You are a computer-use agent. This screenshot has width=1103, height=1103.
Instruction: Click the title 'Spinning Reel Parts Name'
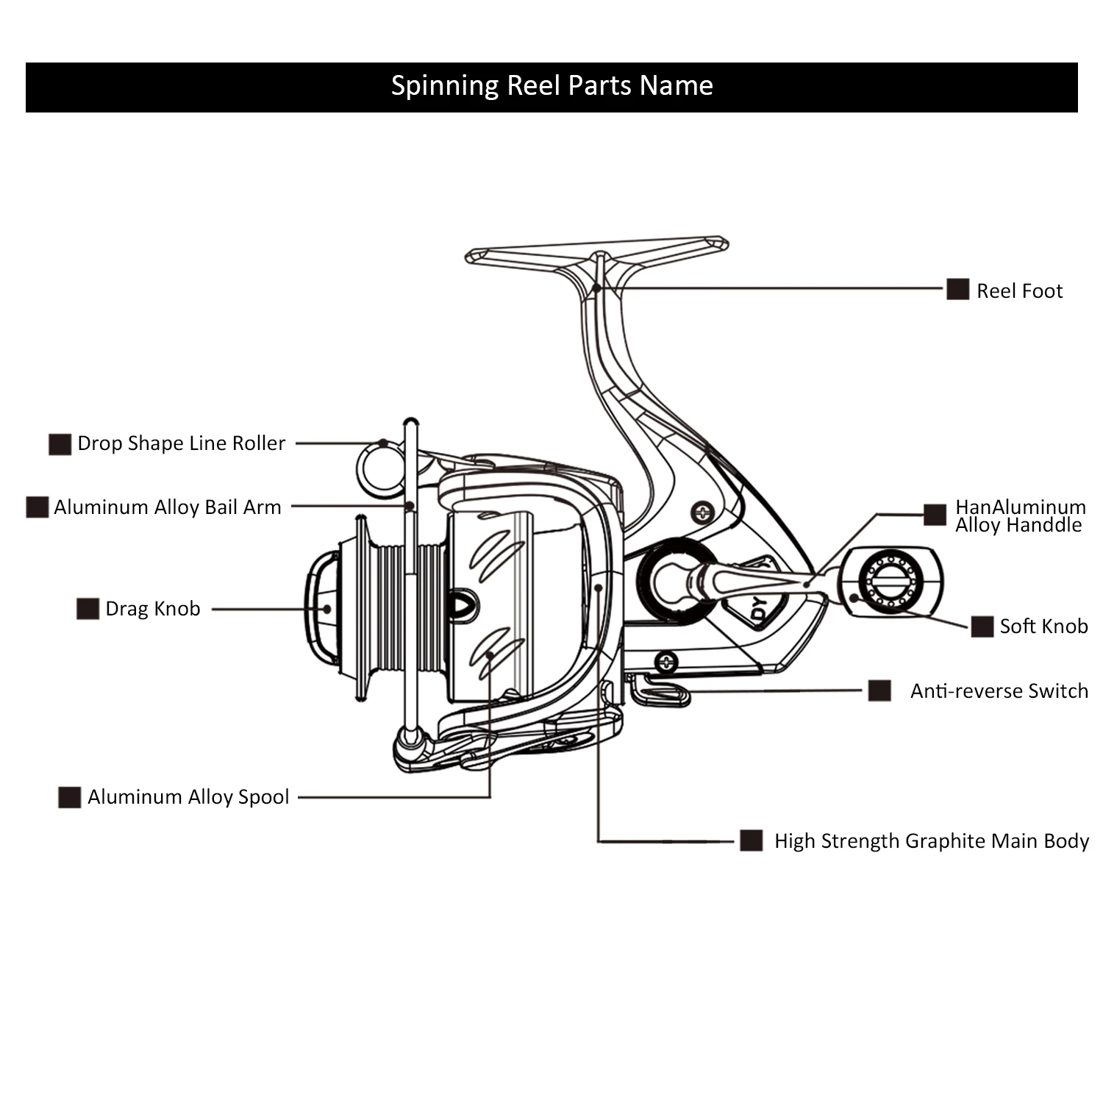551,86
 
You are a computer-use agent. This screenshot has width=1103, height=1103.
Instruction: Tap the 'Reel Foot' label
1019,291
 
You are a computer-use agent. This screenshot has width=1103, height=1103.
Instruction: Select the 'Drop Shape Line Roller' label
181,443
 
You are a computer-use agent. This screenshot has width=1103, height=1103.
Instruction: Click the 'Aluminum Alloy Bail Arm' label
168,507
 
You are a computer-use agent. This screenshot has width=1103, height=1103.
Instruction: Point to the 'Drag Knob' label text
153,609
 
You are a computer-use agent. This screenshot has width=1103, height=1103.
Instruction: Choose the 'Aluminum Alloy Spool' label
188,797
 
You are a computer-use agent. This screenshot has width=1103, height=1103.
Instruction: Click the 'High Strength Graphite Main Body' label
932,841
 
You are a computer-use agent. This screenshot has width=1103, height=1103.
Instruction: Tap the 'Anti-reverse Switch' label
999,691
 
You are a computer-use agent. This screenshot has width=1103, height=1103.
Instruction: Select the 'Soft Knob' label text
1043,627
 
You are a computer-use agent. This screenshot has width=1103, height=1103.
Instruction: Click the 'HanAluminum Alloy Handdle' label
1020,516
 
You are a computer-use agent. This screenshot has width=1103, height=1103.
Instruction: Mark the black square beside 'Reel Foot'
957,290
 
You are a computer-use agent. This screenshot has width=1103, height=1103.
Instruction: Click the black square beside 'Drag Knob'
88,609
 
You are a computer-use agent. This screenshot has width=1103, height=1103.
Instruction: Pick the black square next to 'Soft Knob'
982,627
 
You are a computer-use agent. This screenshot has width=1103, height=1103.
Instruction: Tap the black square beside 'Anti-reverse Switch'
879,691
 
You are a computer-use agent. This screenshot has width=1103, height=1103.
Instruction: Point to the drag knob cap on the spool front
322,608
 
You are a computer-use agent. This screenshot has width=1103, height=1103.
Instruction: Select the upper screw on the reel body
702,512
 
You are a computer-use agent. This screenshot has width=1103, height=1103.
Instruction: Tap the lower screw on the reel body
665,662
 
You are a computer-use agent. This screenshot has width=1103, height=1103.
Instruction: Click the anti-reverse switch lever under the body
660,691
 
